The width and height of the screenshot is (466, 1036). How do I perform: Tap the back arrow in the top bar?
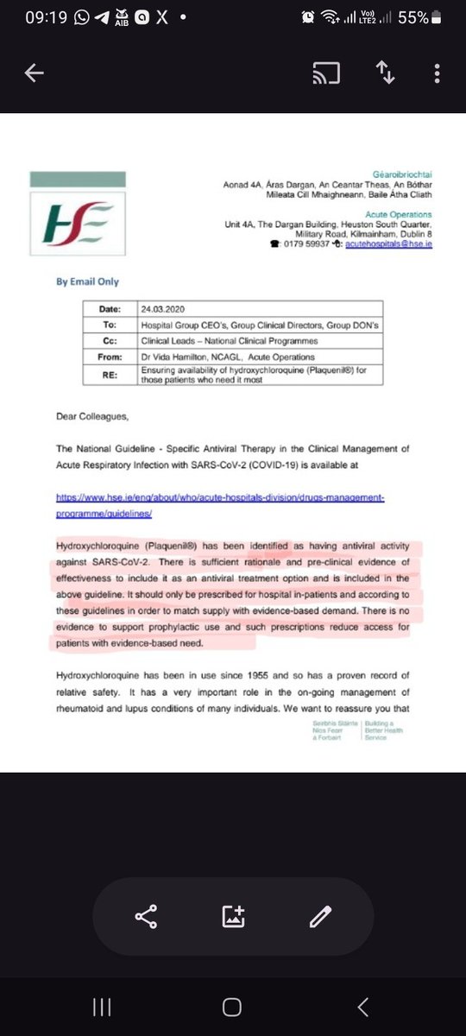pos(35,75)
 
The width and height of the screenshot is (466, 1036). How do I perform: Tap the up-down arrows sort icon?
pos(384,75)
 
